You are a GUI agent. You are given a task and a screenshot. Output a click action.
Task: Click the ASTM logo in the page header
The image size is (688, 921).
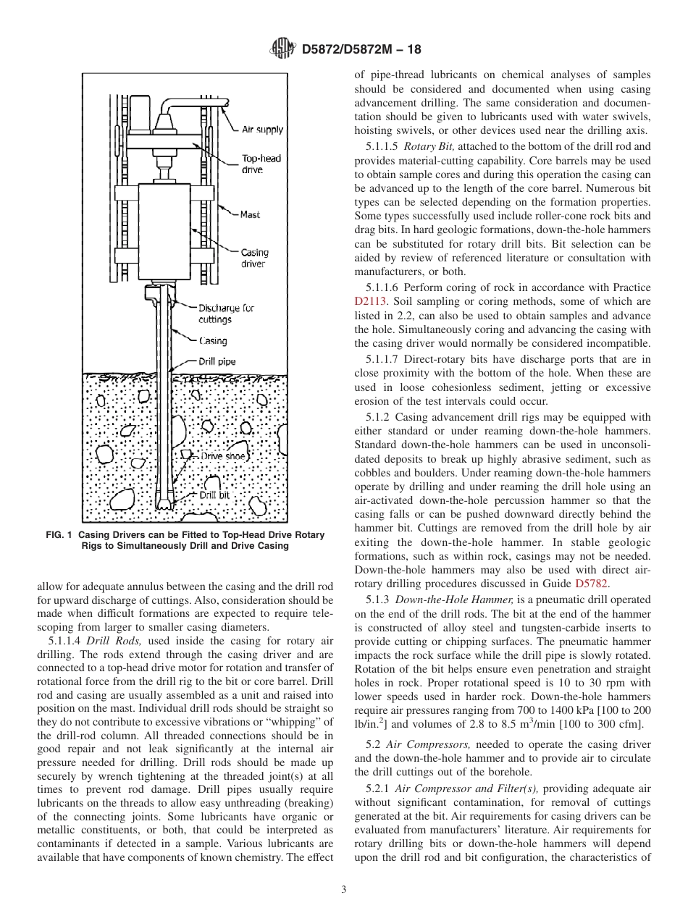point(282,49)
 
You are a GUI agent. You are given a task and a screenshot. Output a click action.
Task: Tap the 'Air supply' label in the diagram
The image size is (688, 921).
point(262,130)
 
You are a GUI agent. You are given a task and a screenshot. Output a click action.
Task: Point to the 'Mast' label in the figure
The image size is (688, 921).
point(251,214)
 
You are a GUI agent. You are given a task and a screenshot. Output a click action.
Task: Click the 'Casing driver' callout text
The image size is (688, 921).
point(254,258)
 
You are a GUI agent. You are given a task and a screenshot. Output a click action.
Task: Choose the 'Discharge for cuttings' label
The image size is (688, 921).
point(226,314)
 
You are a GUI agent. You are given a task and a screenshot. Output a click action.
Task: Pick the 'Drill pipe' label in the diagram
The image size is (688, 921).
point(217,361)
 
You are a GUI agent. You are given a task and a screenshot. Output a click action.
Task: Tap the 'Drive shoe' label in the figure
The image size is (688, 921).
point(223,456)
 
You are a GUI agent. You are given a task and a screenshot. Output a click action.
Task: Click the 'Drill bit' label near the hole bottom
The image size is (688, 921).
point(214,495)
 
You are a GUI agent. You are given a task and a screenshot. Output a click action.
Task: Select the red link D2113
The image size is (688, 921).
point(371,301)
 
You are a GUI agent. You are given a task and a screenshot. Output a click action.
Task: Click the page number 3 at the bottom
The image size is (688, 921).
point(344,889)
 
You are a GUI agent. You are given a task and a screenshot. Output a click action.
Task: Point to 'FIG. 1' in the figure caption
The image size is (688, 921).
point(59,535)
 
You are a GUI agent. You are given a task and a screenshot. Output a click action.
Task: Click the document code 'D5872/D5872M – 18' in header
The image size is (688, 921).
point(360,50)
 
